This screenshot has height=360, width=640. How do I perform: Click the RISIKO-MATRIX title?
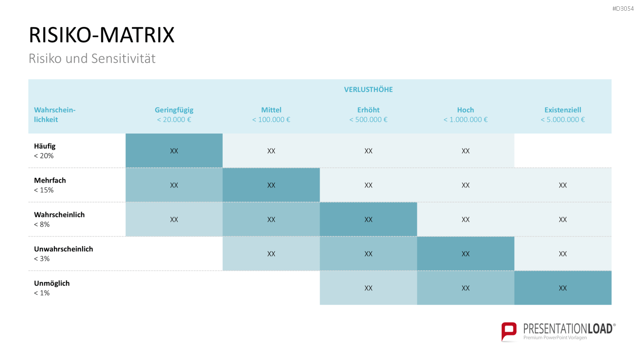(x=102, y=35)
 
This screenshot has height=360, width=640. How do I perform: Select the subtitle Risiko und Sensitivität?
(x=92, y=58)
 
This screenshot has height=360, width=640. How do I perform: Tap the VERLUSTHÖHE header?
(x=368, y=90)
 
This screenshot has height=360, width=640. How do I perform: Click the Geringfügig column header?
(x=174, y=110)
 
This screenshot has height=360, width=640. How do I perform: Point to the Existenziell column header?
(x=563, y=110)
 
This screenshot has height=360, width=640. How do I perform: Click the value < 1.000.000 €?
(x=465, y=119)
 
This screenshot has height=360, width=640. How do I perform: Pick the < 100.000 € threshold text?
(x=271, y=119)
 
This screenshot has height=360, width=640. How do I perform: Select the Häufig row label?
(x=44, y=146)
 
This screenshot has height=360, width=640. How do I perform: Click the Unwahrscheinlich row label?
(x=64, y=249)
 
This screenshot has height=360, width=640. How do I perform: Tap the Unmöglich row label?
(x=52, y=283)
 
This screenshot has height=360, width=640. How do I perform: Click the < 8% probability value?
(x=42, y=224)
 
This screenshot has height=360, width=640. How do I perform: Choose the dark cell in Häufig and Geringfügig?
(x=174, y=151)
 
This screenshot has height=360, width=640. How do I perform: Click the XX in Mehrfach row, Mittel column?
(x=271, y=185)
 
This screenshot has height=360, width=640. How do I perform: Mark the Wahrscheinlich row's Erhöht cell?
(x=368, y=219)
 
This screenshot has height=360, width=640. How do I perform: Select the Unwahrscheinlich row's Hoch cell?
(x=465, y=253)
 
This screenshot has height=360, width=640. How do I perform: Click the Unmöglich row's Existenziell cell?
(x=563, y=288)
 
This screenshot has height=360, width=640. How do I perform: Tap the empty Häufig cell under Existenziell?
(x=563, y=151)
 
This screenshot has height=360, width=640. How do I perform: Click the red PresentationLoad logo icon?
(x=509, y=332)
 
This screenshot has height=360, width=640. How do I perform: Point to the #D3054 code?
(x=623, y=9)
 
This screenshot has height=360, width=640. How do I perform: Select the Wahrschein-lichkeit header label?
(x=55, y=115)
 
